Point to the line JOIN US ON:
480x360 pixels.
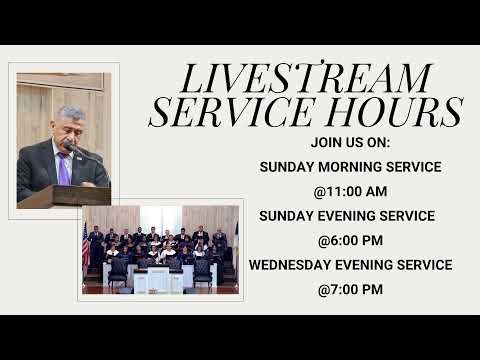[x=350, y=143]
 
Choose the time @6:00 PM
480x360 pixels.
[x=350, y=241]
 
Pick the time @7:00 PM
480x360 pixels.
[x=350, y=290]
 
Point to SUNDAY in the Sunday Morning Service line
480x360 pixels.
[x=285, y=167]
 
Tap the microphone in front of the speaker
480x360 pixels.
[x=71, y=148]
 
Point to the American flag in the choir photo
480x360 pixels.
[x=86, y=245]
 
